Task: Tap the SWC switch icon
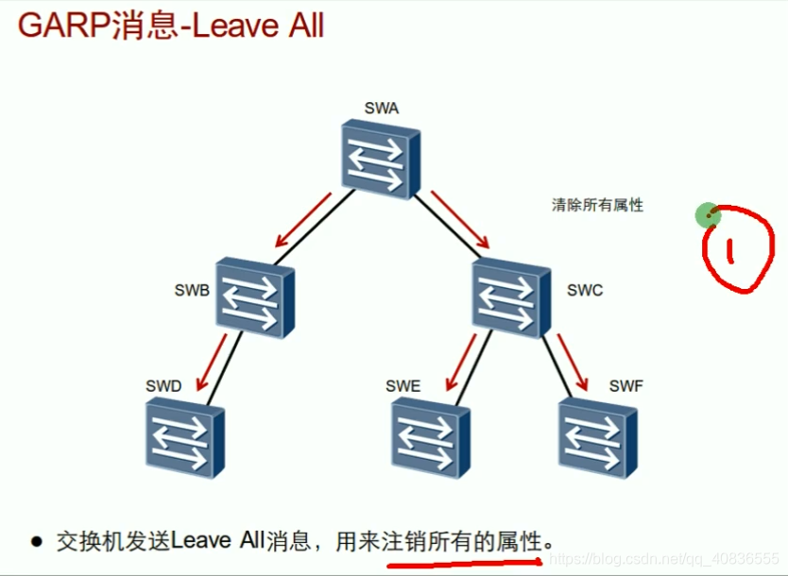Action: pyautogui.click(x=510, y=296)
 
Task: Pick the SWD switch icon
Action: pyautogui.click(x=185, y=436)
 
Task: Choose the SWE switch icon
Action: pyautogui.click(x=429, y=436)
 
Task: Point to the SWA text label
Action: pyautogui.click(x=381, y=108)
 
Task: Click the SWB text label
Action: pyautogui.click(x=192, y=291)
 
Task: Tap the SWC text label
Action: pyautogui.click(x=584, y=290)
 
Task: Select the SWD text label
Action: pyautogui.click(x=163, y=386)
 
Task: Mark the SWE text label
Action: pyautogui.click(x=403, y=386)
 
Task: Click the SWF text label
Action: pyautogui.click(x=625, y=386)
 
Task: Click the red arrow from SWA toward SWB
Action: pyautogui.click(x=300, y=218)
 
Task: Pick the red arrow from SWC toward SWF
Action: pyautogui.click(x=573, y=359)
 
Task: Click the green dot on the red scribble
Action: pyautogui.click(x=708, y=215)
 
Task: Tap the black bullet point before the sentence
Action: pyautogui.click(x=37, y=542)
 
